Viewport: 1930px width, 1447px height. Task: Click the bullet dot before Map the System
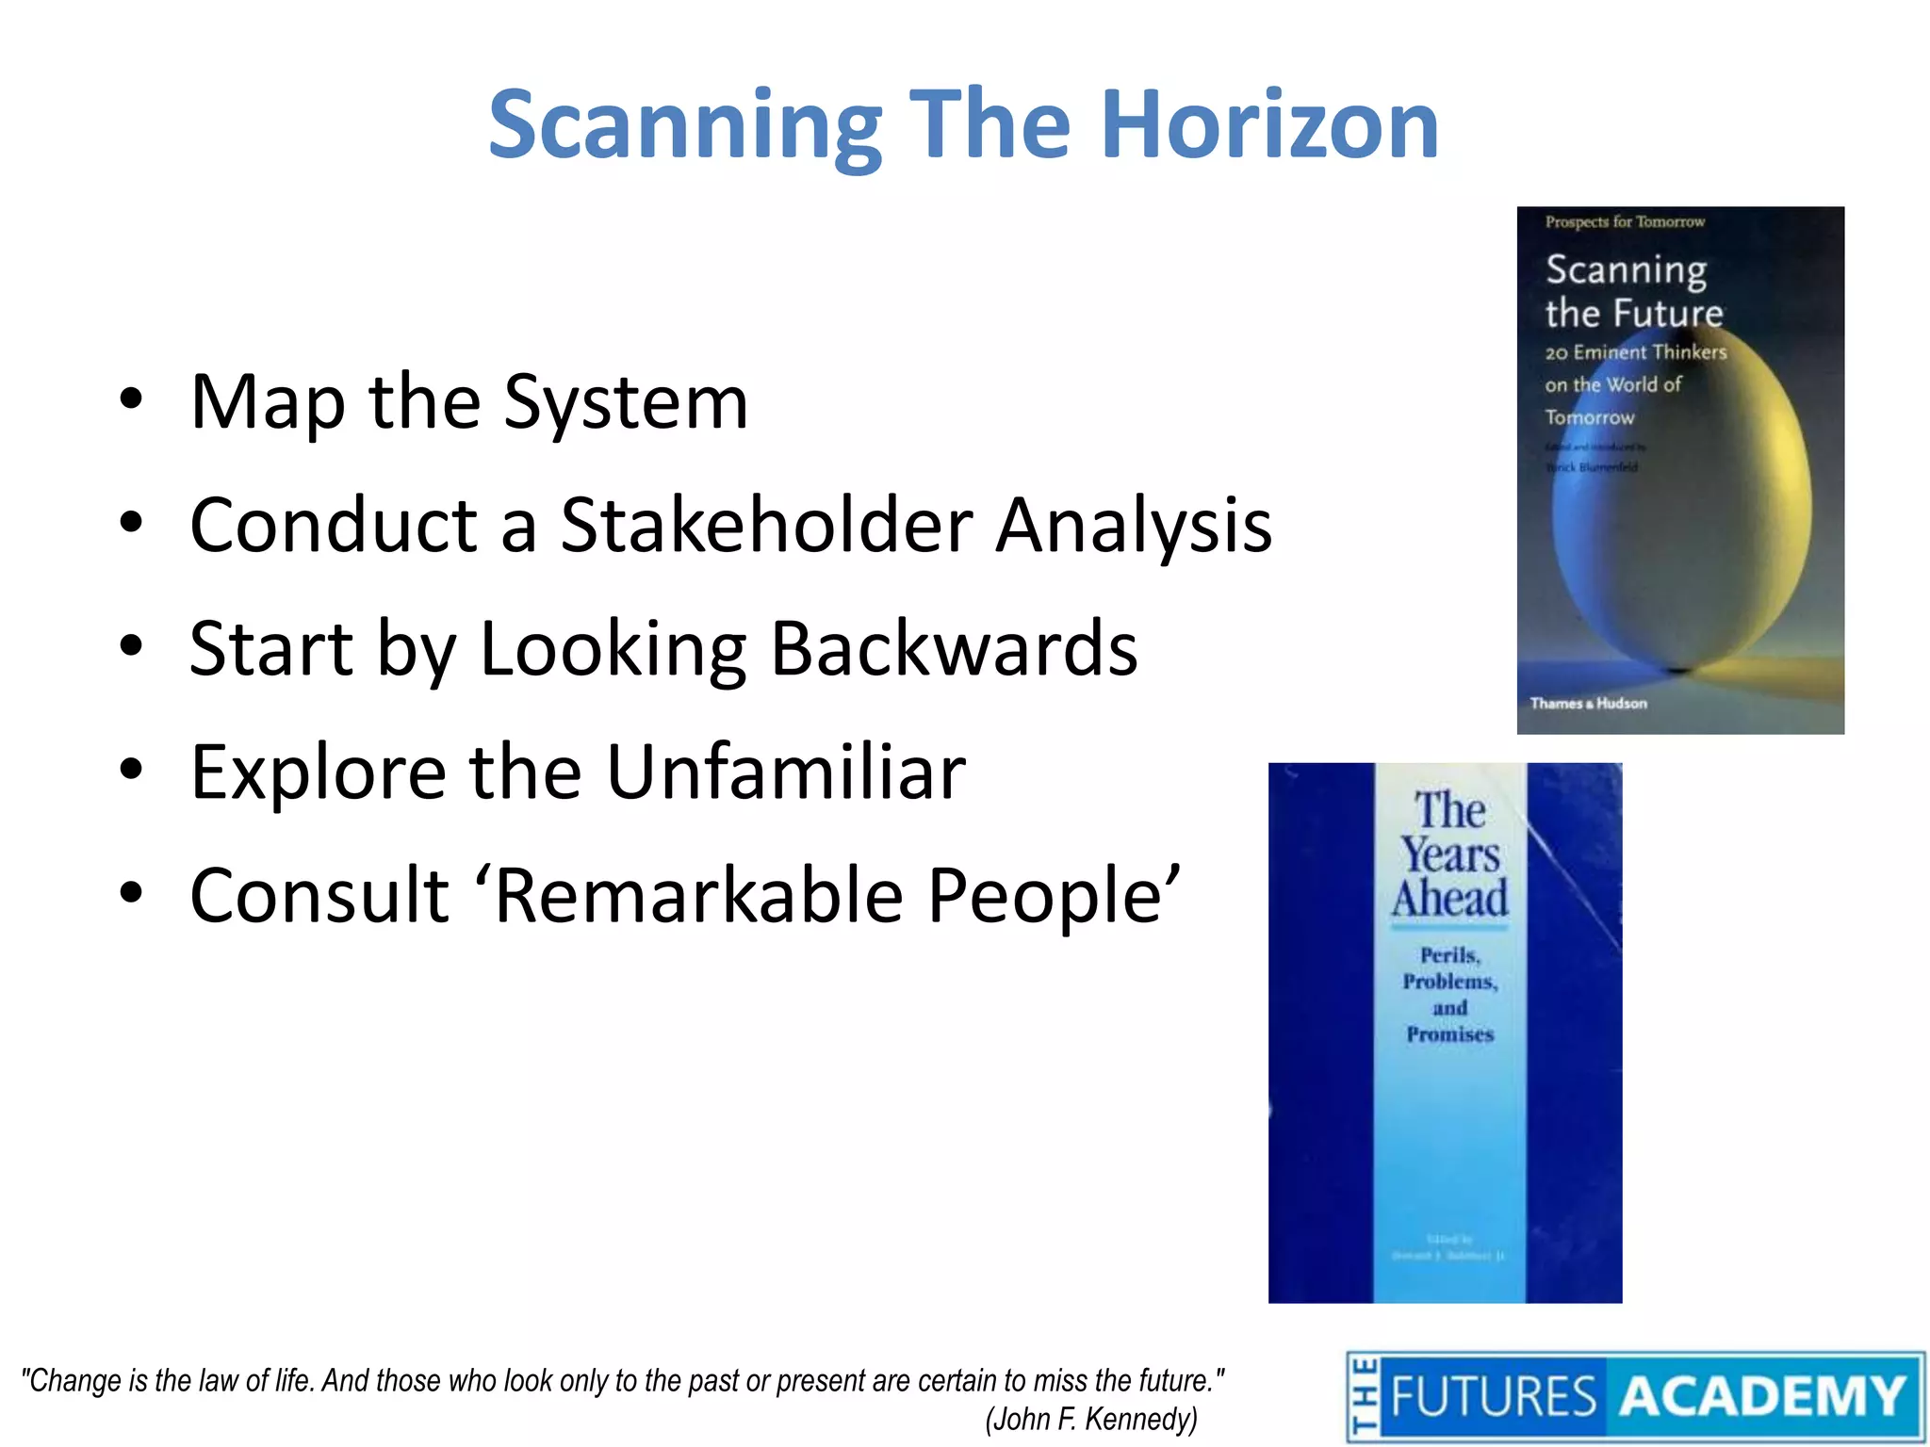point(131,399)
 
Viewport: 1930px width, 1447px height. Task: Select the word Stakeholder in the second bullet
point(766,526)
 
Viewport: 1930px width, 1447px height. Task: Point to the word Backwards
point(954,649)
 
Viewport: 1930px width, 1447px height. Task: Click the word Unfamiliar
point(785,772)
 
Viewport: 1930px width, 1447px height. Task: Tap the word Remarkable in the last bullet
point(698,896)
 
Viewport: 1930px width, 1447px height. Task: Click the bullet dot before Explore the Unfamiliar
point(131,770)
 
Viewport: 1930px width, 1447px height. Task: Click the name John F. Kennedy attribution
point(1090,1419)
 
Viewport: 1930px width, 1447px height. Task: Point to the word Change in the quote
point(74,1382)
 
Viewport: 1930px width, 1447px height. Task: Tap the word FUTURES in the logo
point(1493,1396)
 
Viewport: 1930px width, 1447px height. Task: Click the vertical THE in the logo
point(1364,1396)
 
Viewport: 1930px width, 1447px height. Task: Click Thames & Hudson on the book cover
point(1588,703)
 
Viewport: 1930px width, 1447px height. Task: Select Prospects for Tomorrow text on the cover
point(1624,222)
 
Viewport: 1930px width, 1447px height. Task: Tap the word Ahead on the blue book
point(1449,898)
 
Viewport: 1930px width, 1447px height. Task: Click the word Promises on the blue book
point(1449,1034)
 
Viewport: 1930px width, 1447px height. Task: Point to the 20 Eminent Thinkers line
point(1635,352)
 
